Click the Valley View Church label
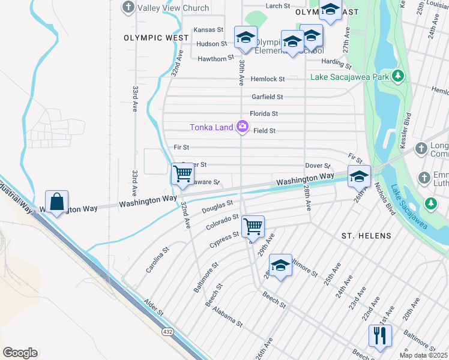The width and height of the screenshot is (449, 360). point(173,8)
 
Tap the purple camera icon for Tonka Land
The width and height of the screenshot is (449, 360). point(243,126)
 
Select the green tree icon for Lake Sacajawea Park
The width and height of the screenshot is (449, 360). point(397,76)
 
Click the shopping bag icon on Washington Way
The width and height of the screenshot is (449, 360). point(56,203)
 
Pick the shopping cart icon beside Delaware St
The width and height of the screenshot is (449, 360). point(182,175)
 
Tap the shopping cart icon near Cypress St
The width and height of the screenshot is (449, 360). point(253,227)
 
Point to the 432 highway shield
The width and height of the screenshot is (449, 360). point(167,331)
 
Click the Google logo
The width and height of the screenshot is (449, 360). point(20,353)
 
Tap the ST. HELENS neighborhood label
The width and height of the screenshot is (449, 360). point(366,236)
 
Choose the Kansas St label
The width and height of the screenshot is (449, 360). point(208,29)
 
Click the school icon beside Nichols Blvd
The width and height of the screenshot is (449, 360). point(359,176)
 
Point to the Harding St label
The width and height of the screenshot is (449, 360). point(336,62)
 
